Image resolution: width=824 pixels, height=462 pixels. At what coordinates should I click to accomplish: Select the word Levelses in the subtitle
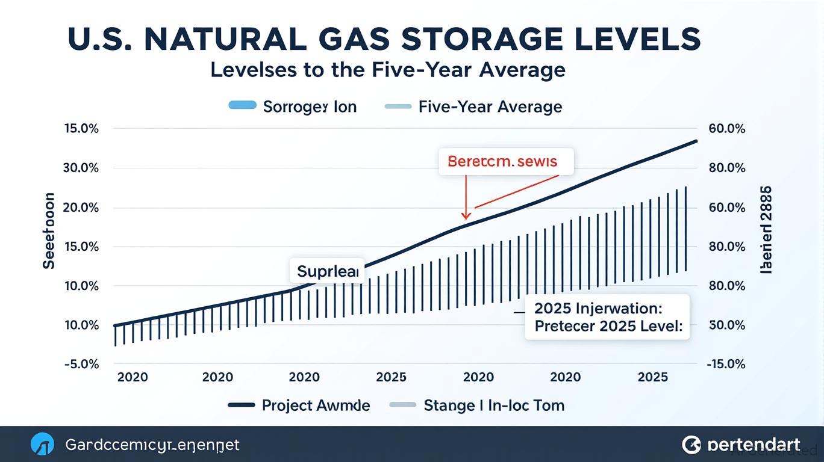point(253,70)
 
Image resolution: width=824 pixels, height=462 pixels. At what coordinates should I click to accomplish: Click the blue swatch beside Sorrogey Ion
point(242,106)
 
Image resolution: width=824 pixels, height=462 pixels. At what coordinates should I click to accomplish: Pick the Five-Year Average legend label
point(490,107)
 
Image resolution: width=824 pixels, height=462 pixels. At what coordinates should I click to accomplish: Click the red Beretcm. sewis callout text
point(502,161)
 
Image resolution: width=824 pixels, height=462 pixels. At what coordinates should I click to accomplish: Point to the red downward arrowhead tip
point(465,218)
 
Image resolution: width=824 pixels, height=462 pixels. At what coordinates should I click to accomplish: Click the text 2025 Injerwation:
point(598,309)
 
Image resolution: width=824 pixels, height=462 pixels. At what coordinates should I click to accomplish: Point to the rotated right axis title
point(766,230)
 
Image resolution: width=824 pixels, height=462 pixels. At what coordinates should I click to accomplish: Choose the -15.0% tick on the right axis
point(727,364)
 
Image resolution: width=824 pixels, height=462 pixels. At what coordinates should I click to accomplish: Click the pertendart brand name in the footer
point(754,445)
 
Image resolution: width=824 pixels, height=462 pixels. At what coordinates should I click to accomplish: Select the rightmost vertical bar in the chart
point(686,229)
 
